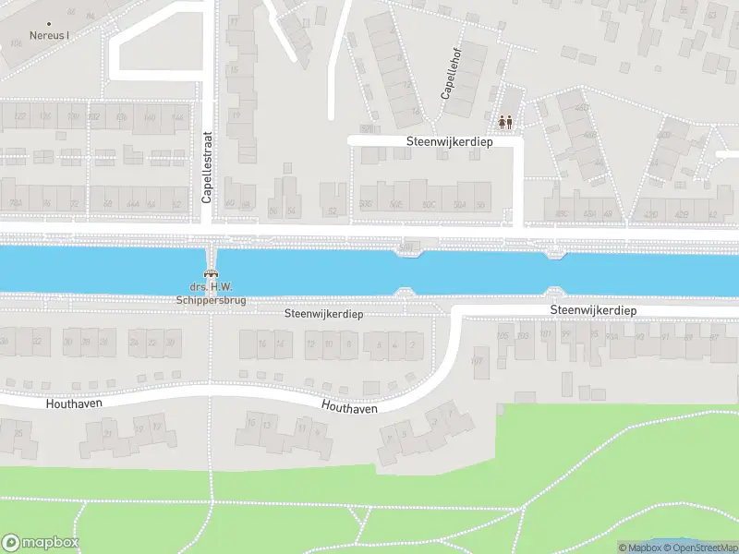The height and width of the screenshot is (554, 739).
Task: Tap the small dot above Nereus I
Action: click(48, 24)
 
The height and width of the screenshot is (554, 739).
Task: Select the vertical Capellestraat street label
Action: click(208, 166)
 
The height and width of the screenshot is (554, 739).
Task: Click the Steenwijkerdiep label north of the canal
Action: click(450, 142)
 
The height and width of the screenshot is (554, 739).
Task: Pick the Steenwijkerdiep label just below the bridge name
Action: click(323, 314)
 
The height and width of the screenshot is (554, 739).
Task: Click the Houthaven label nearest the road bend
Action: click(349, 406)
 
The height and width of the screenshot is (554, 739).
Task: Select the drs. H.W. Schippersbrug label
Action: click(210, 293)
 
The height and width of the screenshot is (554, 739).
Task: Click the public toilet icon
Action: click(504, 120)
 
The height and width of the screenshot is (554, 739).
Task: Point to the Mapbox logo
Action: click(40, 543)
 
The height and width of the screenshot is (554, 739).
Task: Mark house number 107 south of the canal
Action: click(478, 361)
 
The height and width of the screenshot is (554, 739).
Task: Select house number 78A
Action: click(14, 204)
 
